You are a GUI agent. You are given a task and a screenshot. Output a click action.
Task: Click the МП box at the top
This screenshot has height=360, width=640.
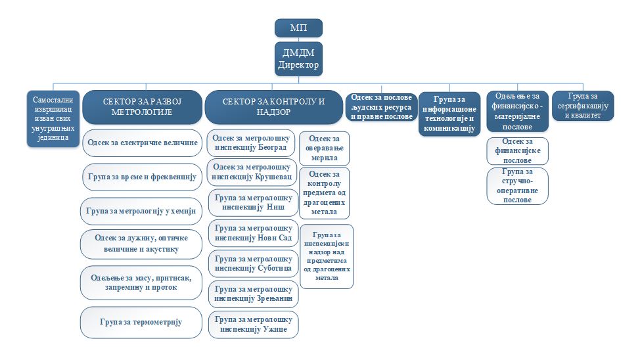coord(298,28)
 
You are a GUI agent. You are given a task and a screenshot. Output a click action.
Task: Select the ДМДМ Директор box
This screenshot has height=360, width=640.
coord(298,59)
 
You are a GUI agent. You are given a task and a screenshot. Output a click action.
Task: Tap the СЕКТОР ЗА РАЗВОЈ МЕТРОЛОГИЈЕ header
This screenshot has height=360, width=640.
coord(141,107)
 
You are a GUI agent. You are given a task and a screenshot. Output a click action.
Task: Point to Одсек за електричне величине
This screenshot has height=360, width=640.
coord(142,143)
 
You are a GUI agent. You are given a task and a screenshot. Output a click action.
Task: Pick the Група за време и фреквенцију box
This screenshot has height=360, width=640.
coord(142,177)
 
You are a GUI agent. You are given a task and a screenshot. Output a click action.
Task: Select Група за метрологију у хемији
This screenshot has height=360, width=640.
coord(141,211)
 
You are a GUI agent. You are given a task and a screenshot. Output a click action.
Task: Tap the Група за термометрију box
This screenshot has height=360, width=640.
coord(141,322)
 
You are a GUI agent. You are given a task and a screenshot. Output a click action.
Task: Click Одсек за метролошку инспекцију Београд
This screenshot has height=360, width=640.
coord(252,143)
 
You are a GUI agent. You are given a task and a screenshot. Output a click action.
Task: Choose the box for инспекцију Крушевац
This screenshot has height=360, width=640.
coord(252,173)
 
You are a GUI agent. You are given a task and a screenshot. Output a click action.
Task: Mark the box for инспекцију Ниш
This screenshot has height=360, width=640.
coord(253,202)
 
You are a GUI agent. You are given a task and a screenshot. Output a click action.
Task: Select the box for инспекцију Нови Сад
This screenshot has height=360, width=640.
coord(253,233)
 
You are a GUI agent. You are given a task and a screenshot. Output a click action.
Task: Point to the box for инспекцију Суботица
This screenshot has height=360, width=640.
coord(253,263)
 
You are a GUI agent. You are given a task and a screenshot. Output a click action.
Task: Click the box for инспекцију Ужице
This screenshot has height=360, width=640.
coord(253,324)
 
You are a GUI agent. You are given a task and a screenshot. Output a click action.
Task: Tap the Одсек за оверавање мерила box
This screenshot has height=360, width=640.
coord(324,148)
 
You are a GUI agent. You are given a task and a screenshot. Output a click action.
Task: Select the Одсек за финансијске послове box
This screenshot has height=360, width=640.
coord(517,150)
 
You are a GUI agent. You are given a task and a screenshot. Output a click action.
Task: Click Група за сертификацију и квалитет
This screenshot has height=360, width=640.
coord(583,106)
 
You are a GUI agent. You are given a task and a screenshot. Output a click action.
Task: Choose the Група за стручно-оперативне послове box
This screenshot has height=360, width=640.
coord(517,185)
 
